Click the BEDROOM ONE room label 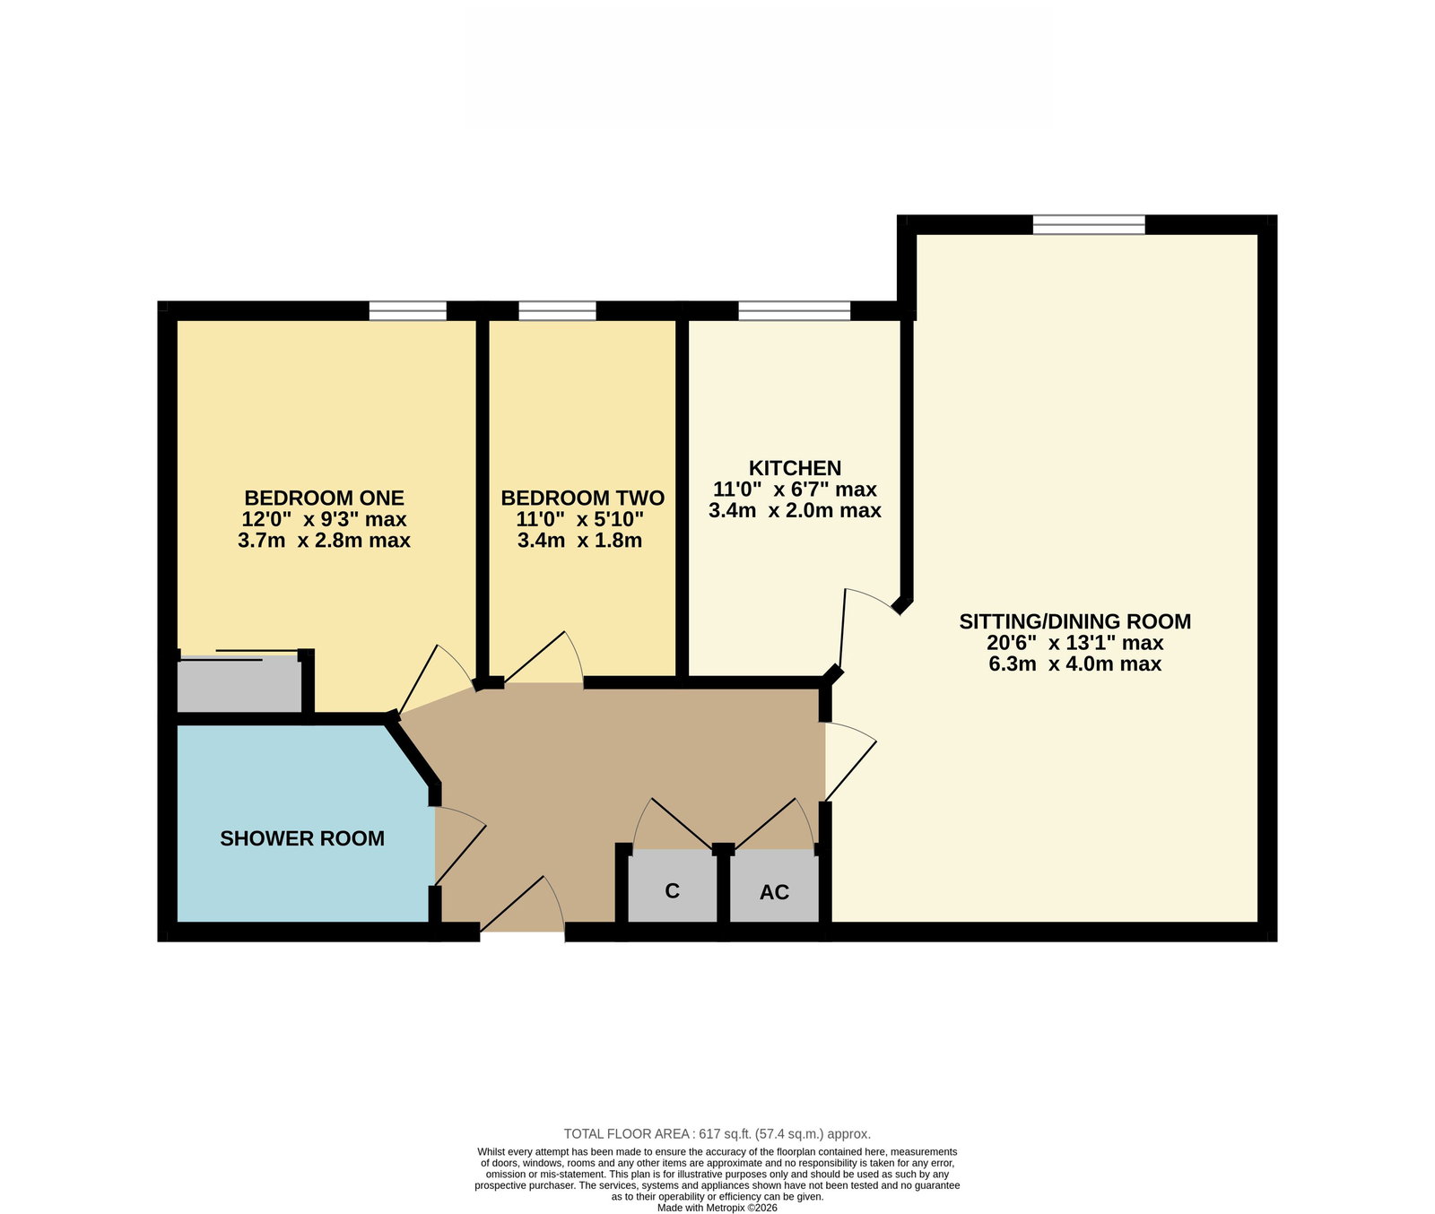324,498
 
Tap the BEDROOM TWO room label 582,498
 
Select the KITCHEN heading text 795,468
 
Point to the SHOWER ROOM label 302,838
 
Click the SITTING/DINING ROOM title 1075,621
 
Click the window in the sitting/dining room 1089,224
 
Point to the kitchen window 795,310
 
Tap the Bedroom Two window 557,310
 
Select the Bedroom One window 407,310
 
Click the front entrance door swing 523,906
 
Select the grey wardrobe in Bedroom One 239,684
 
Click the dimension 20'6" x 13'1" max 1074,643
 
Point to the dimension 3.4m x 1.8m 579,541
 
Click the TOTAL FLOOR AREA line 717,1133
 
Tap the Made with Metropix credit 717,1208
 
